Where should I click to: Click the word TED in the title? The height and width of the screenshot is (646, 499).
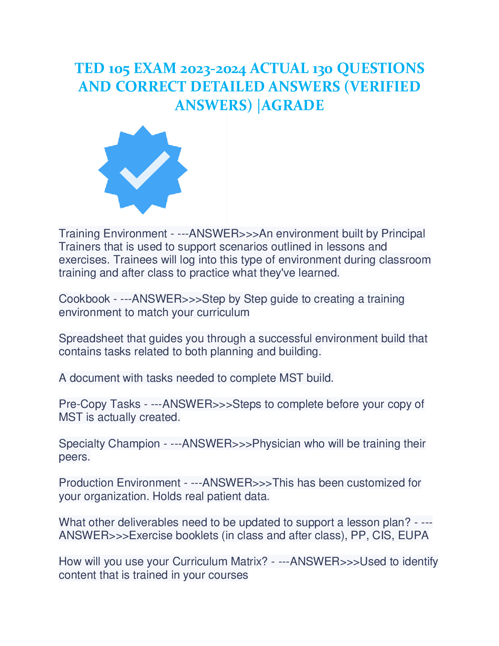(89, 68)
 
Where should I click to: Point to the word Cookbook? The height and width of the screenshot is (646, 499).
(84, 299)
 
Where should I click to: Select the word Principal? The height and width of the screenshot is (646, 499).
(403, 234)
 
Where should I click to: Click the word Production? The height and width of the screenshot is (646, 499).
(86, 483)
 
